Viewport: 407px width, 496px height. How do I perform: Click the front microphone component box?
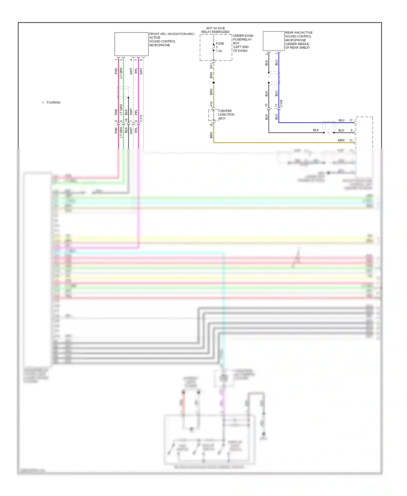(x=131, y=44)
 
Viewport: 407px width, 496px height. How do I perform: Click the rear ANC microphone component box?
(x=274, y=41)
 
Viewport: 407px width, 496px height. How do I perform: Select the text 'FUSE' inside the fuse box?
(x=220, y=43)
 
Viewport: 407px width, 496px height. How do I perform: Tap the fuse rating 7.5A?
(x=219, y=51)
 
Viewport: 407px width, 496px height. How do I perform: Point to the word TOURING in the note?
(x=53, y=103)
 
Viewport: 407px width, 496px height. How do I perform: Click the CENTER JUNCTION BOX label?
(x=227, y=115)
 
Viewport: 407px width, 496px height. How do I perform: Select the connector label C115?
(x=141, y=118)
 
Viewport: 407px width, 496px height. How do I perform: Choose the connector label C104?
(x=281, y=103)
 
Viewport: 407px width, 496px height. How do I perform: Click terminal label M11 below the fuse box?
(x=211, y=66)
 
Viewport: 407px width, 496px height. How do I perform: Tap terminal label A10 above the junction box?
(x=211, y=104)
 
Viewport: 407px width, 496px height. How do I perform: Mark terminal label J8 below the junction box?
(x=211, y=125)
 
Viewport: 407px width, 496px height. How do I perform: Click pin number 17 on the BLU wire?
(x=351, y=120)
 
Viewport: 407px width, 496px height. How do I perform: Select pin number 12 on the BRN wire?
(x=351, y=140)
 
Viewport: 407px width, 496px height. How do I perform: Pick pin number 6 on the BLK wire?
(x=352, y=130)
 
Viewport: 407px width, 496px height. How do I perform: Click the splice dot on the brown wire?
(x=214, y=82)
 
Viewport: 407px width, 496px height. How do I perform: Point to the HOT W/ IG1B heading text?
(x=215, y=28)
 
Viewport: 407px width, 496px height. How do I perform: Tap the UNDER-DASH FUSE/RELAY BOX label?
(x=243, y=43)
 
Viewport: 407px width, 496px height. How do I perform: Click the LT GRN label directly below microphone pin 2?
(x=121, y=73)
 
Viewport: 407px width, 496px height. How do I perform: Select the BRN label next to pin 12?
(x=341, y=140)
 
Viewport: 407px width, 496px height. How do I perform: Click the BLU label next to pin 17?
(x=341, y=120)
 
